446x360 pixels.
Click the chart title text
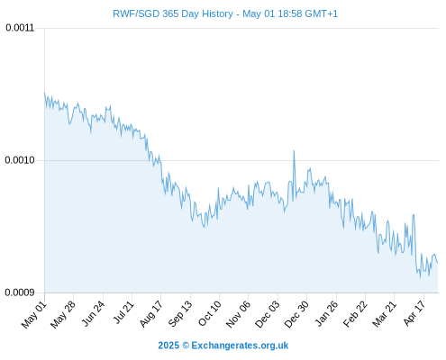(x=225, y=13)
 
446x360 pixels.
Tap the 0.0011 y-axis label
(x=20, y=28)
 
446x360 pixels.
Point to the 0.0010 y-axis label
(x=20, y=160)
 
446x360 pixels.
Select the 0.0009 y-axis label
(x=20, y=292)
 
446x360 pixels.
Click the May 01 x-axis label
(x=34, y=314)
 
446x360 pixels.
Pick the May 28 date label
(x=63, y=314)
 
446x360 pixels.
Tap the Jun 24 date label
(x=93, y=313)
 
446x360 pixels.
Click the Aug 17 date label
(x=151, y=314)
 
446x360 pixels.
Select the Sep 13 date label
(x=180, y=314)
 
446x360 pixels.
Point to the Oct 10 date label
(x=210, y=313)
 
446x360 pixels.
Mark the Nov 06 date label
(x=238, y=314)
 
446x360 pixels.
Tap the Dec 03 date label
(x=268, y=314)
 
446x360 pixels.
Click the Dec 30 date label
(x=296, y=314)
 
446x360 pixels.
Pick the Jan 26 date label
(x=326, y=313)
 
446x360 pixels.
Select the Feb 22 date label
(x=355, y=314)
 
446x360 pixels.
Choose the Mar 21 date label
(x=385, y=314)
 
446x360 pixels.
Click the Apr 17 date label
(x=414, y=313)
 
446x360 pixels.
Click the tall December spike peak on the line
(x=294, y=150)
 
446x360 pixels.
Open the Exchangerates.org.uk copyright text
(x=223, y=346)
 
